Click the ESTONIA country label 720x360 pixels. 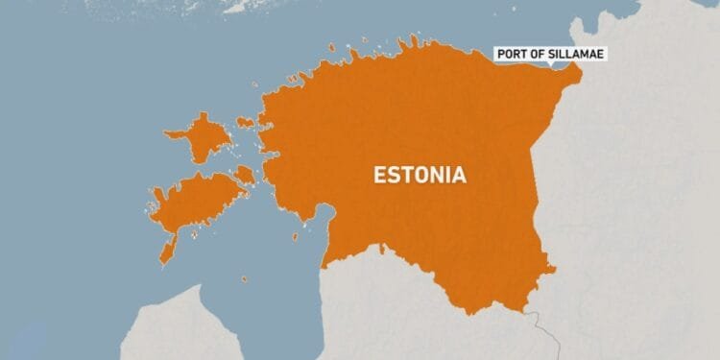(420, 176)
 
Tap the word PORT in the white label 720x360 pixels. (511, 54)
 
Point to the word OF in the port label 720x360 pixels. (533, 54)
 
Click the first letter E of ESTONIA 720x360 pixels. (379, 176)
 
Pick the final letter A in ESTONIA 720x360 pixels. (460, 176)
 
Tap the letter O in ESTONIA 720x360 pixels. (420, 176)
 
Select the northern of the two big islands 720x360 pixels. (199, 136)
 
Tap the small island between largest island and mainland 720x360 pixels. (245, 175)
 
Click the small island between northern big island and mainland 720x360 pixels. (246, 122)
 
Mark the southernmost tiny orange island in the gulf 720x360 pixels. (244, 278)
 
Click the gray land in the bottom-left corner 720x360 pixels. (173, 331)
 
